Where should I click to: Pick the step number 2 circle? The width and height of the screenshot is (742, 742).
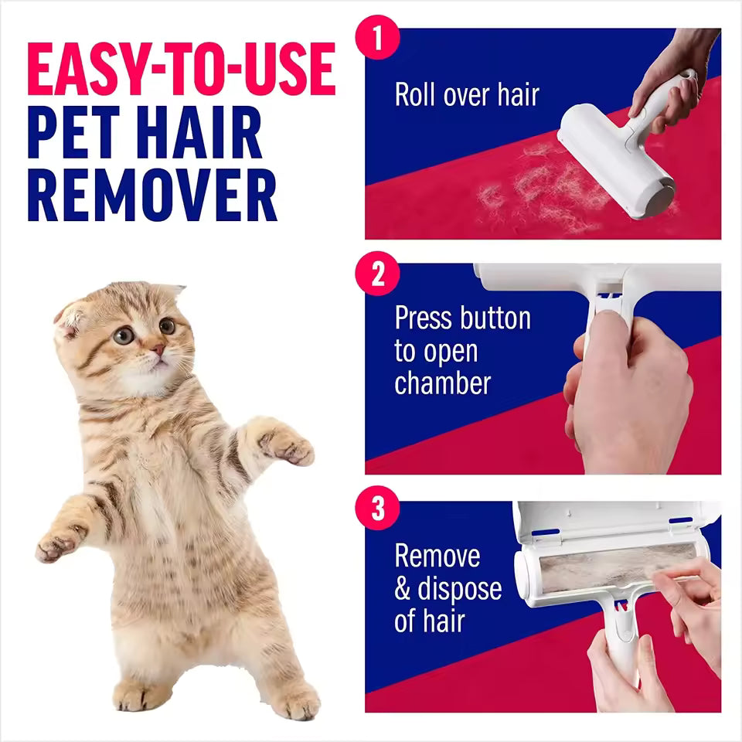pos(377,275)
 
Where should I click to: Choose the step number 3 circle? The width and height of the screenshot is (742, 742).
pos(377,510)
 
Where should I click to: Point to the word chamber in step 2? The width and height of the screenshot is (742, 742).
pos(443,383)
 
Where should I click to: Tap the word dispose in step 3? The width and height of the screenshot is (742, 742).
pos(460,589)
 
